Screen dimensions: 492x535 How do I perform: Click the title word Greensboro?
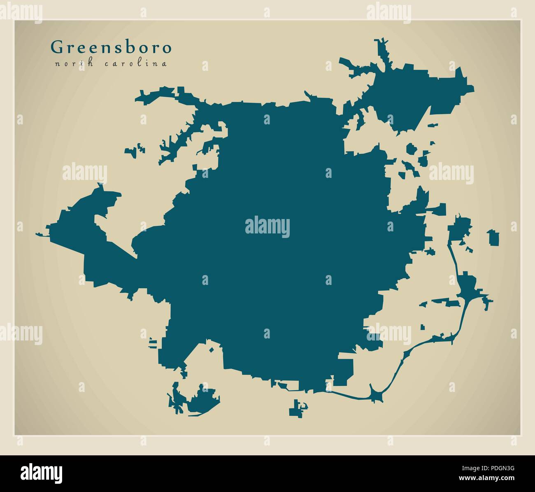(111, 48)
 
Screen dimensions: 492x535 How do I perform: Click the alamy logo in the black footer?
(42, 472)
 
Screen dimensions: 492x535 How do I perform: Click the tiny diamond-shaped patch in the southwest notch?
(211, 350)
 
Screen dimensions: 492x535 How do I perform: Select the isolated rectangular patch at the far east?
(493, 238)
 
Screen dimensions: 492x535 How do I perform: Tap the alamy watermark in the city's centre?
(267, 227)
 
